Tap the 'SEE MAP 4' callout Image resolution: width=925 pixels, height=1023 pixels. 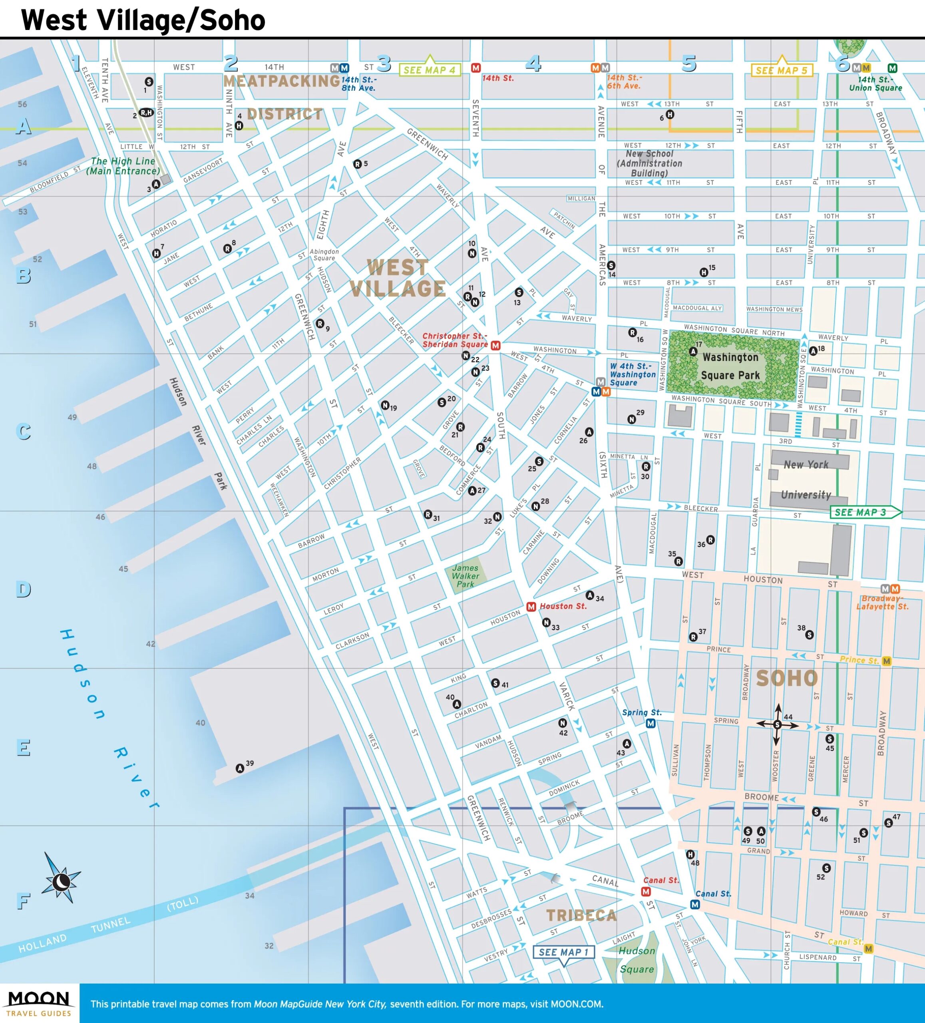tap(429, 70)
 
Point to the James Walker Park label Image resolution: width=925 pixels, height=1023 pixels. tap(465, 576)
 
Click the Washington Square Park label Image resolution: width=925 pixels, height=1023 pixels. tap(730, 366)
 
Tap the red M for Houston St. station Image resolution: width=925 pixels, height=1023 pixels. tap(531, 606)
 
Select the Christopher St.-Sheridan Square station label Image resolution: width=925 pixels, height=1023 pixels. tap(455, 340)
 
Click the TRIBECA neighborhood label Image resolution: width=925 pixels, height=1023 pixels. tap(581, 915)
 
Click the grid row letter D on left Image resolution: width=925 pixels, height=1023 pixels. tap(23, 589)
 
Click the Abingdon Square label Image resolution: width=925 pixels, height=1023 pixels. tap(324, 255)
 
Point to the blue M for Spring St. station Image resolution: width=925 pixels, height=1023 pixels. tap(650, 724)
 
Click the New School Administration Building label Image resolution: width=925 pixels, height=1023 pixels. tap(649, 163)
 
